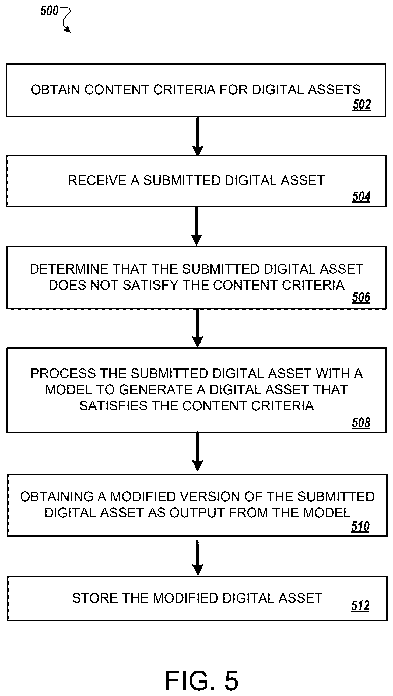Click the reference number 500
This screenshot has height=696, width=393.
pos(50,11)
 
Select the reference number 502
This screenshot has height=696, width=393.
pos(362,105)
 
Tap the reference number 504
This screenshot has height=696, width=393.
pos(361,196)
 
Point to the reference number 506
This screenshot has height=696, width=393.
pos(361,297)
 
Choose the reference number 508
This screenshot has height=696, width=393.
pos(361,423)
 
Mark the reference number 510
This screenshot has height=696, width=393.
pos(360,526)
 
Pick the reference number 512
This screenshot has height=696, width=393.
pos(360,605)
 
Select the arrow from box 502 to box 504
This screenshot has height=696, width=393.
pos(198,136)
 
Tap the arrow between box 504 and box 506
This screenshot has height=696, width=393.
pos(197,227)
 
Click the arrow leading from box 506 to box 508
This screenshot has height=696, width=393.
pos(198,328)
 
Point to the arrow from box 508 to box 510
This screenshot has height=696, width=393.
pos(198,451)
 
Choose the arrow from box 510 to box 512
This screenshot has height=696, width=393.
pos(198,558)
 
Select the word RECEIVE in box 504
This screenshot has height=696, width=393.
pos(97,180)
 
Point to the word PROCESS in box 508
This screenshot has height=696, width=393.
pos(63,374)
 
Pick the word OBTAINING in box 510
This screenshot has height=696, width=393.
pos(57,497)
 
